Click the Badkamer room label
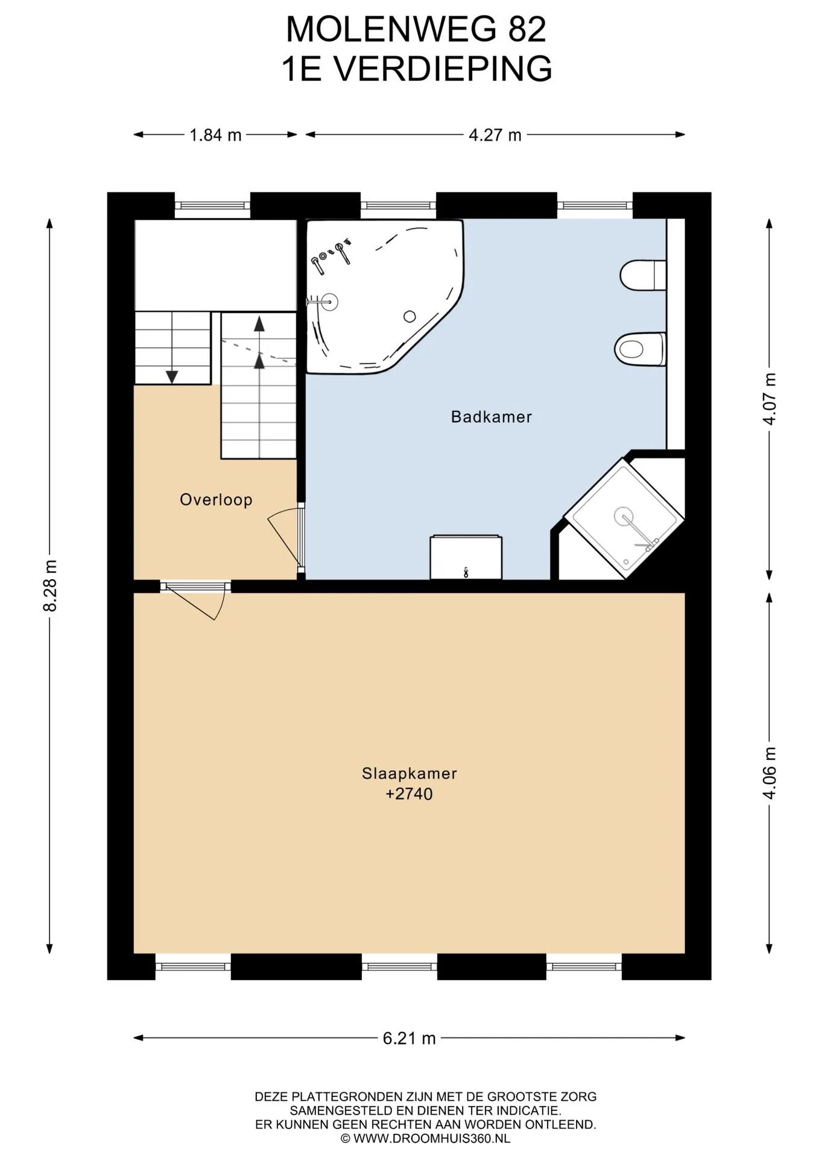491,417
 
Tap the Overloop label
216,500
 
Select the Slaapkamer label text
409,773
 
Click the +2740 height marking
409,794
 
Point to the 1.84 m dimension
215,135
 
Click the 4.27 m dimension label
495,135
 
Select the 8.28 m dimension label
51,586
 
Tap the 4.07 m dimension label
770,399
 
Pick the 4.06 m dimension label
770,773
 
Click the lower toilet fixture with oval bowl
640,349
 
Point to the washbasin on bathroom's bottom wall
466,557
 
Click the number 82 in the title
527,30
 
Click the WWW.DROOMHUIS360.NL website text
431,1139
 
